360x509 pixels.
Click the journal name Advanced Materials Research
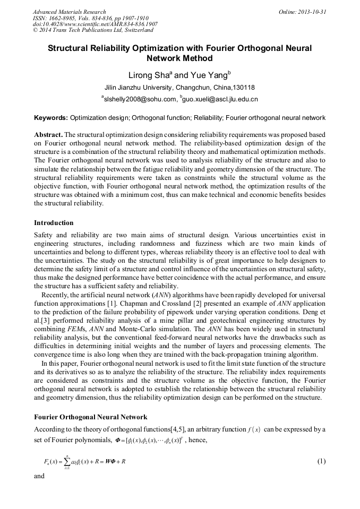(x=70, y=12)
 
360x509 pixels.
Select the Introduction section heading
(x=54, y=222)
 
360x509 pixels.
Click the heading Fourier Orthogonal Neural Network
(x=90, y=417)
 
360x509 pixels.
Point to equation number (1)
(x=321, y=461)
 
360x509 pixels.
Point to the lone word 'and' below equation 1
(x=39, y=477)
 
